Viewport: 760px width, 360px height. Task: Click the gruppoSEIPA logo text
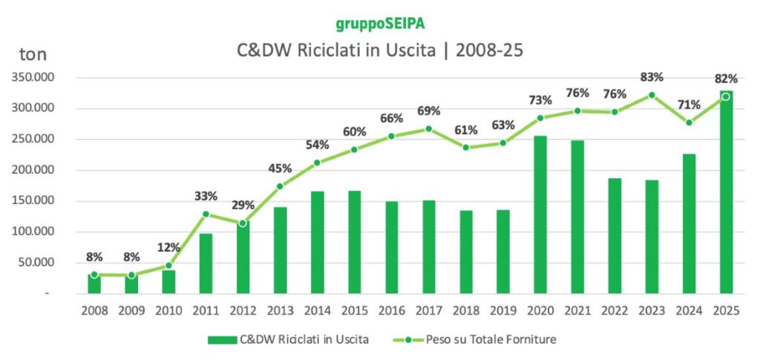[380, 23]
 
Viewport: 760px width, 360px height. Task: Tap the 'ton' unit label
[32, 53]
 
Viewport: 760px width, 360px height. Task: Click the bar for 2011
[206, 264]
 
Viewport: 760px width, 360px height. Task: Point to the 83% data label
[652, 78]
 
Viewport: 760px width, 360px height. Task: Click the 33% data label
[206, 197]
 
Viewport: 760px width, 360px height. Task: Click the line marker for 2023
[652, 95]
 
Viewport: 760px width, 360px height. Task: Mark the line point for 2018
[466, 148]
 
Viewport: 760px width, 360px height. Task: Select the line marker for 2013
[280, 186]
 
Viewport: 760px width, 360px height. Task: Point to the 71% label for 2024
[689, 105]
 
